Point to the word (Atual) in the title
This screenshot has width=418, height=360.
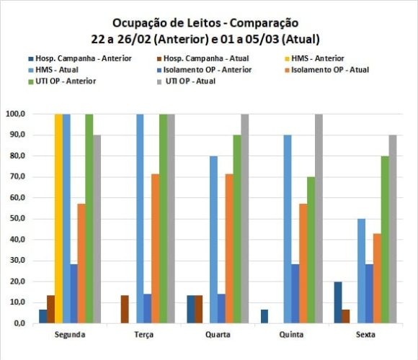pos(299,38)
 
